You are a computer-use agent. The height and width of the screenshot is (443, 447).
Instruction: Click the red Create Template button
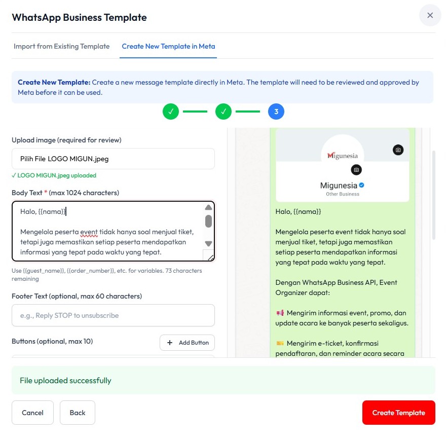(398, 413)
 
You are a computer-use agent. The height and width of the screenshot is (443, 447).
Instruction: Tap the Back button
(78, 413)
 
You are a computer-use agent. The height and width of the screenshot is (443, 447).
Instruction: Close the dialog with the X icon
(430, 15)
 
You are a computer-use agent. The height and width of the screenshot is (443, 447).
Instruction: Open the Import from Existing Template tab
(62, 46)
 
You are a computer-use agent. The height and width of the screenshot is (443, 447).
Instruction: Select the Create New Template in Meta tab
(168, 46)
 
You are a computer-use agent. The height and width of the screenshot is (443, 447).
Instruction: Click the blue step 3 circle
(276, 112)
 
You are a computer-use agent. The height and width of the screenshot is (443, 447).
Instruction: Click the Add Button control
(187, 343)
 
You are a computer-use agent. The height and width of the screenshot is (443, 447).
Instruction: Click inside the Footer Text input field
(113, 315)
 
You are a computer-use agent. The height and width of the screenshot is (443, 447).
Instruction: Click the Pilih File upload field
(113, 159)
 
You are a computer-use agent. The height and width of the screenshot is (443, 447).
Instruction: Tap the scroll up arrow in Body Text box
(208, 207)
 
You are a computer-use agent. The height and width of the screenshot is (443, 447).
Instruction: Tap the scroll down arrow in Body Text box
(208, 244)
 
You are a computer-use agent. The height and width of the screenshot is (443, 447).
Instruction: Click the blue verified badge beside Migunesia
(361, 185)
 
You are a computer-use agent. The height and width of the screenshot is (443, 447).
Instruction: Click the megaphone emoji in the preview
(280, 313)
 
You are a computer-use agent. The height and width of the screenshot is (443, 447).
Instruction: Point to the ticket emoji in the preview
(280, 343)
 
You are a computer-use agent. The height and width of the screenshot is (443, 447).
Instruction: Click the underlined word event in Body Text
(89, 232)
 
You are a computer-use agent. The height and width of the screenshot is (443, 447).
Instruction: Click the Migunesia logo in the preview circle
(343, 156)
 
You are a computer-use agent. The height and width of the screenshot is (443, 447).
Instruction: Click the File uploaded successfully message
(65, 381)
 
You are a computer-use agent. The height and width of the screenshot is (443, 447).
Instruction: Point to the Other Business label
(343, 194)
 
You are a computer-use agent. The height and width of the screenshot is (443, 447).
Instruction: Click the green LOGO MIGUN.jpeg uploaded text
(54, 175)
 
